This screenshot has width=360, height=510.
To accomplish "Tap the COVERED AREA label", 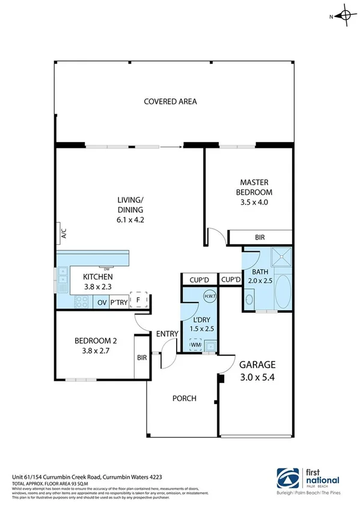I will (170, 101).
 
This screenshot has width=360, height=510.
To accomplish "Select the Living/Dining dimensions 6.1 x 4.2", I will (130, 220).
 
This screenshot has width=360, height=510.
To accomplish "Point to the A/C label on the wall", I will (63, 233).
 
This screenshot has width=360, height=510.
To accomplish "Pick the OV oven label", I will (102, 303).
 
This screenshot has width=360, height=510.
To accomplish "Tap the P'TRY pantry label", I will (119, 303).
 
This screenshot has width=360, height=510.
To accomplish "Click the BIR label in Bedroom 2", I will (142, 357).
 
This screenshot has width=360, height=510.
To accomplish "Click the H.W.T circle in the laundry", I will (210, 295).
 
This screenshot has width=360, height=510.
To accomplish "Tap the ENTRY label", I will (165, 334).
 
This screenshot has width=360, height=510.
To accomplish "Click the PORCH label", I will (185, 398).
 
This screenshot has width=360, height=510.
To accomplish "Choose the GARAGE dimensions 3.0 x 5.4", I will (257, 378).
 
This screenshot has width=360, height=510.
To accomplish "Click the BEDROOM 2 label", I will (96, 340).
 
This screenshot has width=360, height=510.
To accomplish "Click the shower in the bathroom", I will (280, 257).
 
